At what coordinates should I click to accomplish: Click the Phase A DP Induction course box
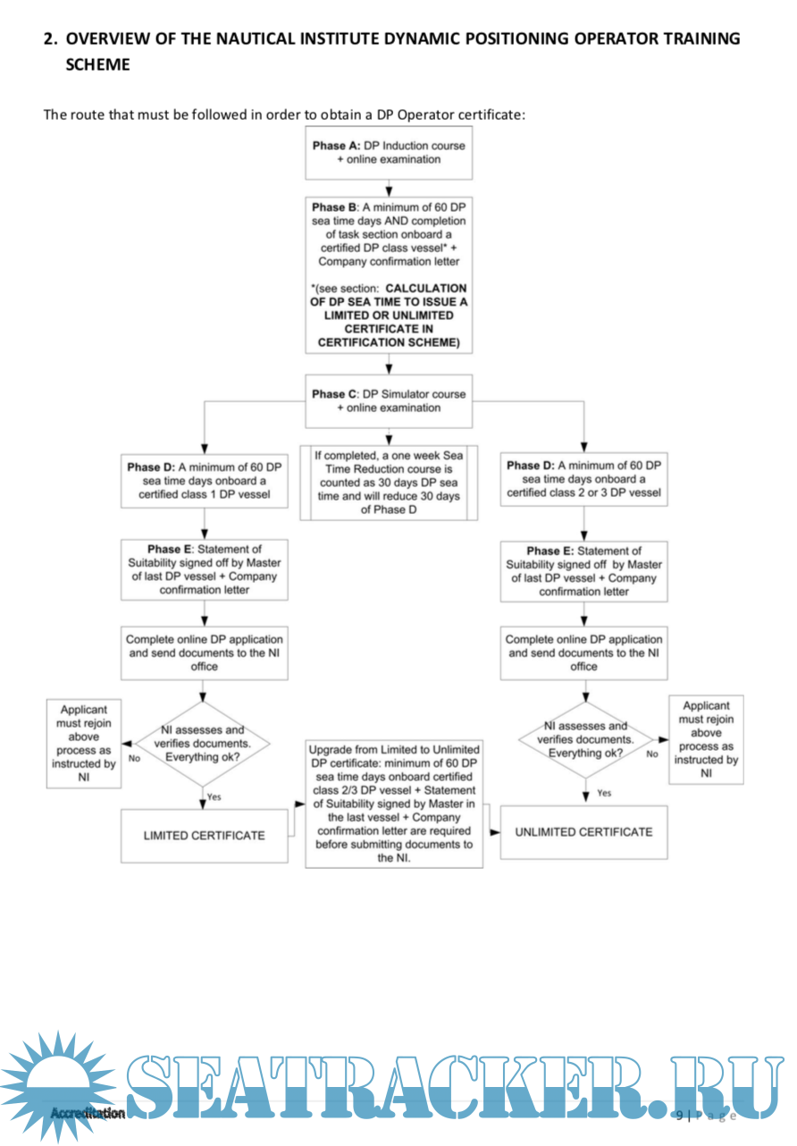pos(389,153)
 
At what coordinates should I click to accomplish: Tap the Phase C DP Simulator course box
pos(389,400)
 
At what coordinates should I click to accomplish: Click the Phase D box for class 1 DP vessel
pos(204,481)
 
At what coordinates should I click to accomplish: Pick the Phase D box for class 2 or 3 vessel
pos(583,479)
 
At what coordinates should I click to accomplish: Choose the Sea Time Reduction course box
pos(389,482)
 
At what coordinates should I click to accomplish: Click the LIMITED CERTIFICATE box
pos(204,836)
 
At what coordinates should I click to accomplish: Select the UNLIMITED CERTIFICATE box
pos(583,832)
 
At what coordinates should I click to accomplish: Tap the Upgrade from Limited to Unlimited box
pos(394,803)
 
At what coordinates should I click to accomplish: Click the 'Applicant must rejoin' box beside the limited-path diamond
pos(83,745)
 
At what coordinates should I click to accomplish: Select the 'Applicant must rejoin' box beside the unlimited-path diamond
pos(706,740)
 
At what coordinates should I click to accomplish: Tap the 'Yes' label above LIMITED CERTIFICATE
pos(214,796)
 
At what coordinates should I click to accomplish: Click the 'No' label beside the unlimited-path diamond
pos(652,754)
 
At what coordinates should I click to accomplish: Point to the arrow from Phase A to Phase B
pos(389,189)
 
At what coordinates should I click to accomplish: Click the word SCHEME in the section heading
pos(97,64)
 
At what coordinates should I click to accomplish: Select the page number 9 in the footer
pos(679,1115)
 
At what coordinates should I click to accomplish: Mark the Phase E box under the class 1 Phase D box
pos(204,569)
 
